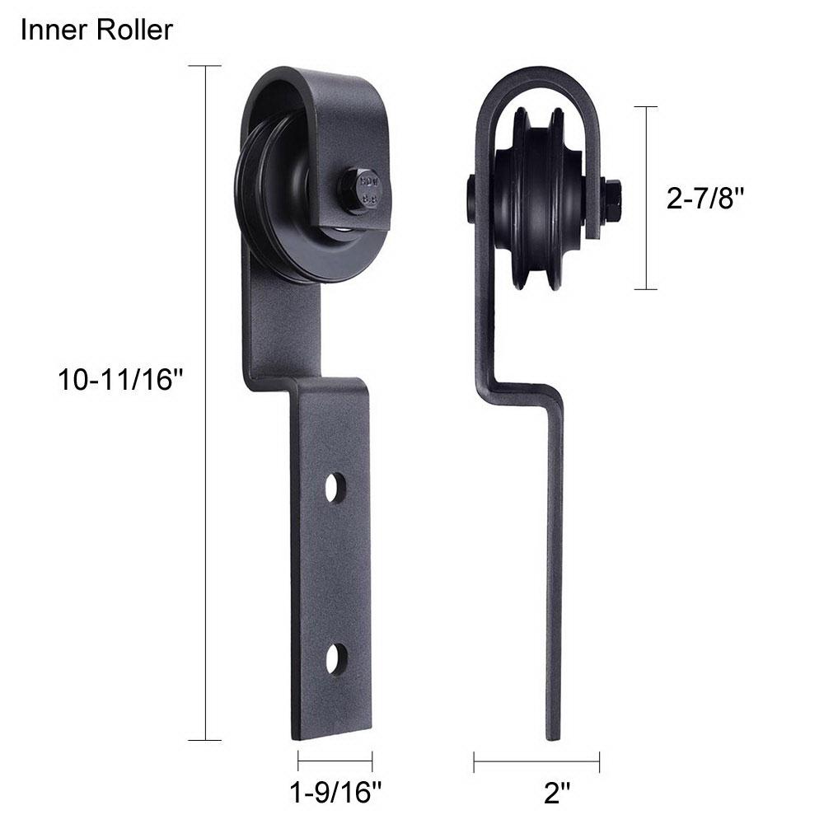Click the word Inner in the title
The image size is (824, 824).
click(52, 30)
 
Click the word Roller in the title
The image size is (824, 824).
click(131, 30)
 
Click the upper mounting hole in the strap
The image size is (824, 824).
click(334, 489)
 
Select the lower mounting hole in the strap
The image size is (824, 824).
click(334, 659)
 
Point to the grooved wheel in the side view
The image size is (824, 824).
click(541, 198)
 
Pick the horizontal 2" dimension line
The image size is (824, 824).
click(536, 761)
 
